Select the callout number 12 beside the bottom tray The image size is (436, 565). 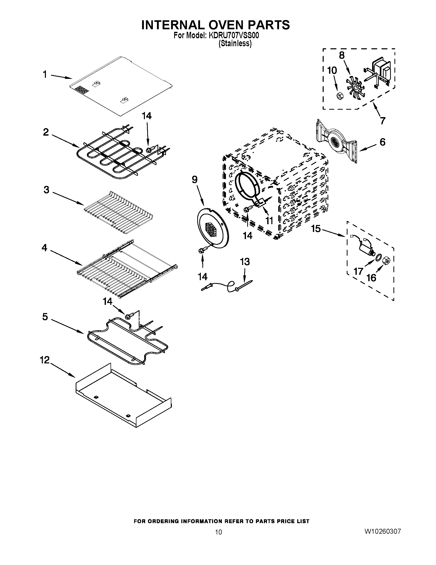click(x=44, y=360)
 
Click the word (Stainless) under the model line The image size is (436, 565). click(x=235, y=43)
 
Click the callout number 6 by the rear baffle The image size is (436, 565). click(x=382, y=142)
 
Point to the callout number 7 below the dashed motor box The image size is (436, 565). click(x=382, y=120)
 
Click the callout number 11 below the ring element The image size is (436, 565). click(x=269, y=221)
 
